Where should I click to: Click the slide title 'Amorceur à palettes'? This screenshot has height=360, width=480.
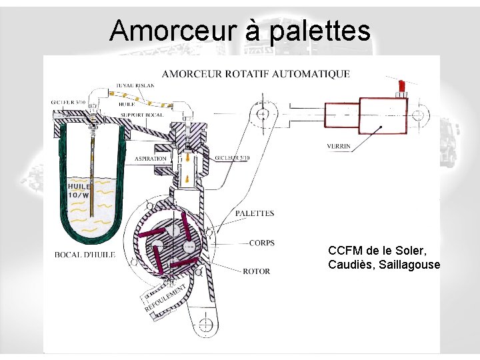pos(240,31)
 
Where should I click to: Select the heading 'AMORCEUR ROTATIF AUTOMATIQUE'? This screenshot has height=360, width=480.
pos(256,74)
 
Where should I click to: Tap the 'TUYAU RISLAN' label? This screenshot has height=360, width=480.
pos(135,85)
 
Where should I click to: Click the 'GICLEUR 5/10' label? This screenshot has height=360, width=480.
pos(233,158)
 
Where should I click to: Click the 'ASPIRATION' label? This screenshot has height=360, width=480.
pos(151,159)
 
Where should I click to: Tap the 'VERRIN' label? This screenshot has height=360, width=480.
pos(339,146)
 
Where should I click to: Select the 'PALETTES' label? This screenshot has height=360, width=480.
pos(255,213)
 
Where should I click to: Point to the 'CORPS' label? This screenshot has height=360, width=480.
pos(262,243)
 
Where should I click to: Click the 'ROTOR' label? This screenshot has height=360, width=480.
pos(257,271)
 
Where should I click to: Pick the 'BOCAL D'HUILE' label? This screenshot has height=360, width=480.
pos(85,254)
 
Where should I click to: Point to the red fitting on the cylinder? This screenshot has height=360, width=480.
pos(402,87)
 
